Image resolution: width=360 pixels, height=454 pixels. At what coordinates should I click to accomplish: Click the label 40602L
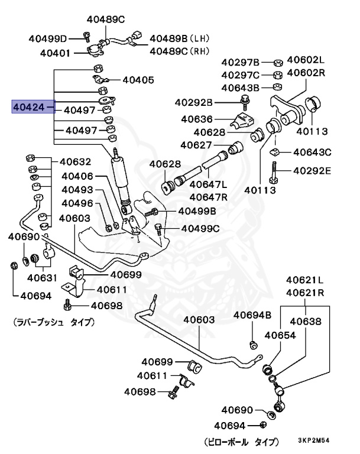pyautogui.click(x=306, y=60)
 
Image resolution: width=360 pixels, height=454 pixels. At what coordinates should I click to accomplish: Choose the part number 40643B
pyautogui.click(x=241, y=87)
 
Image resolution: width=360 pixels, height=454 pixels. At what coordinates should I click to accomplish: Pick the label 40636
pyautogui.click(x=197, y=119)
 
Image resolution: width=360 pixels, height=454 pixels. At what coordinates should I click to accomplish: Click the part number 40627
pyautogui.click(x=197, y=145)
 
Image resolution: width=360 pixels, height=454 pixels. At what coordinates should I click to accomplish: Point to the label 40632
pyautogui.click(x=75, y=161)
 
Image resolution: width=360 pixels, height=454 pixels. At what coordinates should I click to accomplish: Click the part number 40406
pyautogui.click(x=77, y=176)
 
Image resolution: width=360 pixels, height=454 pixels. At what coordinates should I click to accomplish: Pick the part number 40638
pyautogui.click(x=305, y=322)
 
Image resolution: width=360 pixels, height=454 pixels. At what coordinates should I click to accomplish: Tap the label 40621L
pyautogui.click(x=305, y=280)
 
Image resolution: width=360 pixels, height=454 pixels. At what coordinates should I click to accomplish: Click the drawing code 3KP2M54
pyautogui.click(x=322, y=442)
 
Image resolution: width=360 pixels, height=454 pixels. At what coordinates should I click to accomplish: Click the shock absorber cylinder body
pyautogui.click(x=122, y=183)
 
